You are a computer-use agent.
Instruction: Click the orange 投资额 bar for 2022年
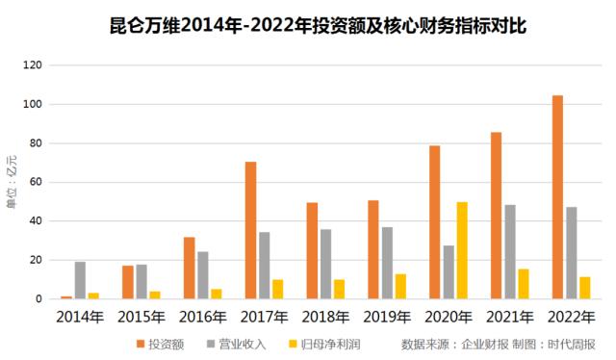[x=557, y=197]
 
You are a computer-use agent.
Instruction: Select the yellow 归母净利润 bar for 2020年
[x=462, y=250]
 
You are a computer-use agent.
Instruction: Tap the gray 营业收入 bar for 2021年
[x=510, y=252]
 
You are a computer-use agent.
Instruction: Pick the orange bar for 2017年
[x=250, y=230]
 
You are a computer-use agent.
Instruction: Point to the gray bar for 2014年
[x=80, y=280]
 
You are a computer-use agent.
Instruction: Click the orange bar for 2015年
[x=128, y=282]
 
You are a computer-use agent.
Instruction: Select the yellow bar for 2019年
[x=400, y=287]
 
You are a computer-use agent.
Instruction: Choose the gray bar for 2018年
[x=325, y=264]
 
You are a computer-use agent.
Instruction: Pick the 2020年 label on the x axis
[x=449, y=315]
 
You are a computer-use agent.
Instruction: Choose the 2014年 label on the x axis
[x=80, y=315]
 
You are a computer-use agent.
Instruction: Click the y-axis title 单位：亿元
[x=12, y=182]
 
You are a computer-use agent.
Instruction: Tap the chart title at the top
[x=318, y=23]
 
